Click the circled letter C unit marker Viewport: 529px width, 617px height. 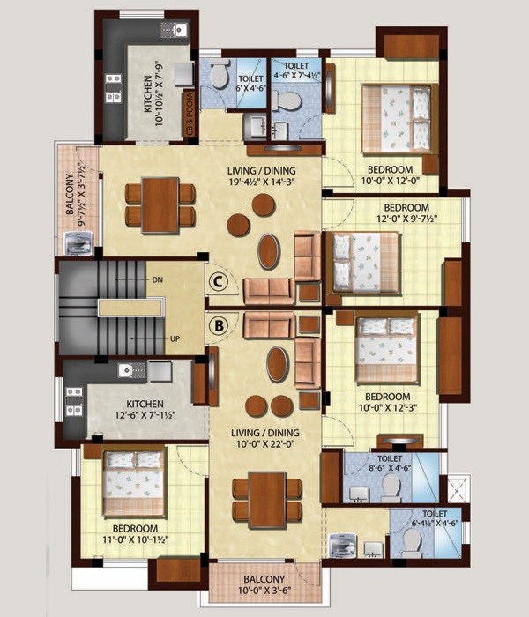[x=219, y=281]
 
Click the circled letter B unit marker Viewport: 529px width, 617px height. [x=219, y=325]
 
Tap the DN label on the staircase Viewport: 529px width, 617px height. [x=157, y=280]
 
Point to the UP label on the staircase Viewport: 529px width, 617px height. [x=175, y=338]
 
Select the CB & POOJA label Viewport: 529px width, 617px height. [x=190, y=114]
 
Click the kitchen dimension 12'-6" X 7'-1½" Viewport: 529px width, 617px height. [x=145, y=415]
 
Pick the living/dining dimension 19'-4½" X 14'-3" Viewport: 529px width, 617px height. [x=261, y=182]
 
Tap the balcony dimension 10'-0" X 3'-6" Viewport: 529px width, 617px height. [x=264, y=591]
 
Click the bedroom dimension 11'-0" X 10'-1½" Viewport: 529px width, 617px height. [x=136, y=539]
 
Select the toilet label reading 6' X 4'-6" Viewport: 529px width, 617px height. [x=250, y=88]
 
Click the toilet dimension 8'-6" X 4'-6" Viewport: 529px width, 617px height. [x=390, y=468]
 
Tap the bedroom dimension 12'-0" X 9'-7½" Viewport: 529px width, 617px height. [x=407, y=219]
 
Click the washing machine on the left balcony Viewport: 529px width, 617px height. [x=78, y=243]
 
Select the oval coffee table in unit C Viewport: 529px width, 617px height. [x=269, y=251]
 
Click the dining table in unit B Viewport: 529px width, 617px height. [x=267, y=500]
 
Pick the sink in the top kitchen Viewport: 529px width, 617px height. [x=175, y=29]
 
